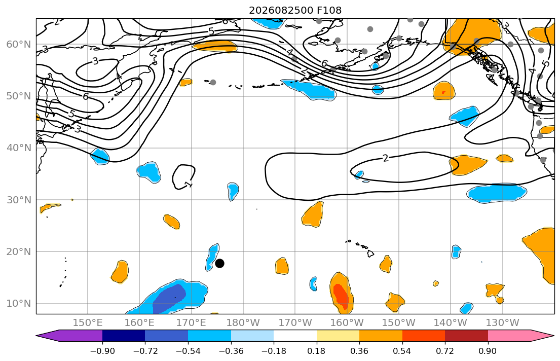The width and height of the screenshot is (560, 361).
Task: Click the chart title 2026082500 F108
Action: click(x=295, y=10)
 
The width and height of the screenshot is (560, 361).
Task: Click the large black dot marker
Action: click(x=219, y=264)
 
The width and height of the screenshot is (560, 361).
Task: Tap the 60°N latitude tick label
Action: click(x=19, y=44)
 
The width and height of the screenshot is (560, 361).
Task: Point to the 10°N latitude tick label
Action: click(x=19, y=304)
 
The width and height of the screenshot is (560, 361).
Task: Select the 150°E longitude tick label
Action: click(x=88, y=323)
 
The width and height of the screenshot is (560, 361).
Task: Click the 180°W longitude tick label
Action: click(x=243, y=323)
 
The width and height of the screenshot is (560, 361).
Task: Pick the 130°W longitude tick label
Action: click(x=503, y=323)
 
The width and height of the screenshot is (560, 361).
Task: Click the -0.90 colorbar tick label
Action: click(x=102, y=351)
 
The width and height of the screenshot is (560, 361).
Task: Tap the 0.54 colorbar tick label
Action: click(x=402, y=351)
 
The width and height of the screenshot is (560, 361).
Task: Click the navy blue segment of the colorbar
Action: click(x=124, y=336)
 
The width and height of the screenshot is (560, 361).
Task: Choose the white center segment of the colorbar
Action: click(x=295, y=336)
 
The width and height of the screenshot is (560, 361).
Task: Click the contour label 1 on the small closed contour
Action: click(x=188, y=185)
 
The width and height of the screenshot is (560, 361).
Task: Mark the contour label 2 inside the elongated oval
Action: click(x=385, y=158)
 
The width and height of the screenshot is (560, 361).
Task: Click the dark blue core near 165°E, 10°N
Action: click(x=169, y=298)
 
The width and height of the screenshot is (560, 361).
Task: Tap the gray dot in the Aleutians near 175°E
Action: click(x=213, y=82)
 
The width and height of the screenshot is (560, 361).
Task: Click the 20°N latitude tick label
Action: click(x=19, y=251)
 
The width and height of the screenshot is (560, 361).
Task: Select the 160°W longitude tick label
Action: click(x=347, y=323)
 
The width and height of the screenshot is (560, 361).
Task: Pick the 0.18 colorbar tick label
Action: click(x=316, y=351)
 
